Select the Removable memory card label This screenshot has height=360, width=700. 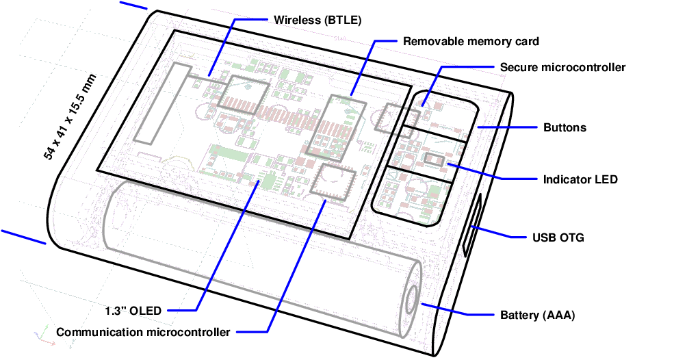(x=471, y=41)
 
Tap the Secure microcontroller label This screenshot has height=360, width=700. (x=562, y=67)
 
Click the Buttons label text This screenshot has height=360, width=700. (x=565, y=127)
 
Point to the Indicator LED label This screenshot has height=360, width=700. (x=580, y=179)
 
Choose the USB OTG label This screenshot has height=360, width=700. (x=558, y=237)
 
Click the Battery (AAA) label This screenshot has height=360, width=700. (x=537, y=316)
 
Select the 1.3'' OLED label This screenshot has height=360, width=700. (x=133, y=311)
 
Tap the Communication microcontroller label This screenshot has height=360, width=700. (x=143, y=333)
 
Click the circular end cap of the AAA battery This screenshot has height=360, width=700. (x=413, y=299)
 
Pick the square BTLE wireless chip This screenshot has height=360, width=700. (x=245, y=95)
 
